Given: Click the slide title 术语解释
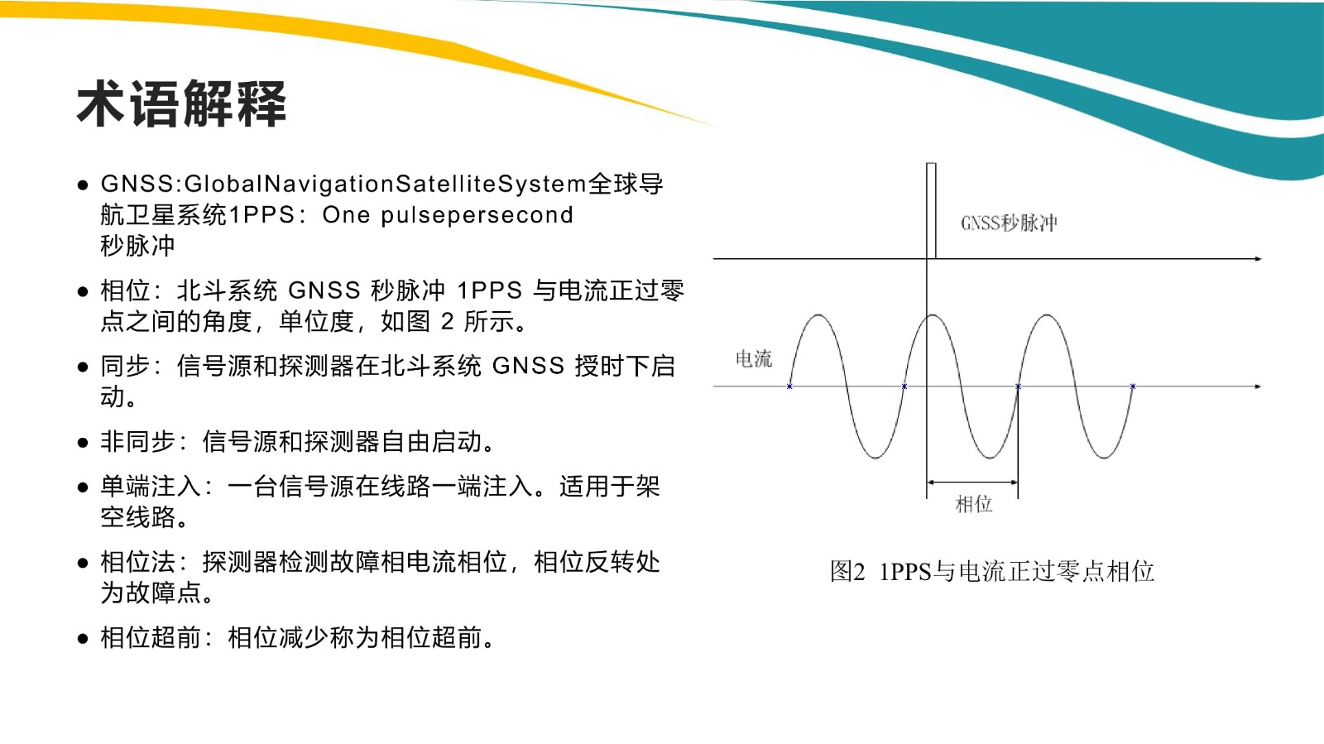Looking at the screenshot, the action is pos(181,104).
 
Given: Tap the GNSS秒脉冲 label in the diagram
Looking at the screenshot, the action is pos(1009,223).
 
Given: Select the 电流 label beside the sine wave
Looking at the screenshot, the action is pos(754,358).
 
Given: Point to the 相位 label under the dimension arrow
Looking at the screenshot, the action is pos(973,504).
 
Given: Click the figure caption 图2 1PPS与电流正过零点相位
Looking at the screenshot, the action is pos(992,571).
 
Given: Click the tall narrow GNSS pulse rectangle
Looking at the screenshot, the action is pos(931,211).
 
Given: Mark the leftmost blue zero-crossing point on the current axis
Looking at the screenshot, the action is pos(789,386).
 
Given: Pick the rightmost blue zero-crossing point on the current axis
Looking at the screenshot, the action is pos(1133,386).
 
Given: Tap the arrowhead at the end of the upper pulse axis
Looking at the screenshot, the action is pos(1258,259).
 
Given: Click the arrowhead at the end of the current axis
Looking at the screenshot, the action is pos(1258,386).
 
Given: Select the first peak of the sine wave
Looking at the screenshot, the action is pos(818,315).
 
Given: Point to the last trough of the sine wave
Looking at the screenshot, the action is pos(1104,458).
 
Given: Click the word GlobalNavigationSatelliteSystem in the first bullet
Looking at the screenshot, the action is pos(386,184).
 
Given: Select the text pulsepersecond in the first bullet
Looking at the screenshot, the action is pos(477,215).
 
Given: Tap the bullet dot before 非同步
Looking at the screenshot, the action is pos(83,443).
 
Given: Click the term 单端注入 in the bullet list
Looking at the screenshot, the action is pos(151,487).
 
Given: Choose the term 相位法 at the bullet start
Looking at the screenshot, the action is pos(137,562).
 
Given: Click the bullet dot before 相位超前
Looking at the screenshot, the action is pos(83,639).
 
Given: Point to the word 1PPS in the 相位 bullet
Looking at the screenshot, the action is pos(489,290).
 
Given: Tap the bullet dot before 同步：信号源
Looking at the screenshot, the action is pos(83,367).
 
